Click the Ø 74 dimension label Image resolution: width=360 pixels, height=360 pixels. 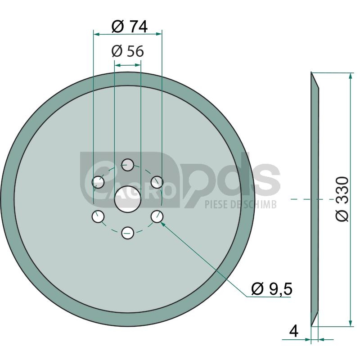[x=129, y=27]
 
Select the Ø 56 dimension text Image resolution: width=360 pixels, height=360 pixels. [x=128, y=51]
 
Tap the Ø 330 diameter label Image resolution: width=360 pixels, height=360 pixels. [x=342, y=199]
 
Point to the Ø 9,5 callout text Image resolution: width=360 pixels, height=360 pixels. [x=272, y=289]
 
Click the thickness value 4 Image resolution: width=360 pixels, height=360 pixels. [x=294, y=331]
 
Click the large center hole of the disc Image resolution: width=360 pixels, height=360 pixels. [x=127, y=199]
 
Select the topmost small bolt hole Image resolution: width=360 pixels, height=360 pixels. [x=128, y=165]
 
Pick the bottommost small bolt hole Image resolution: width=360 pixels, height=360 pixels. [x=128, y=233]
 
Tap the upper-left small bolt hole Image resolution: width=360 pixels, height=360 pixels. [x=98, y=182]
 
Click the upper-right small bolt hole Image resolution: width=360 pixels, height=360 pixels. [x=157, y=182]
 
